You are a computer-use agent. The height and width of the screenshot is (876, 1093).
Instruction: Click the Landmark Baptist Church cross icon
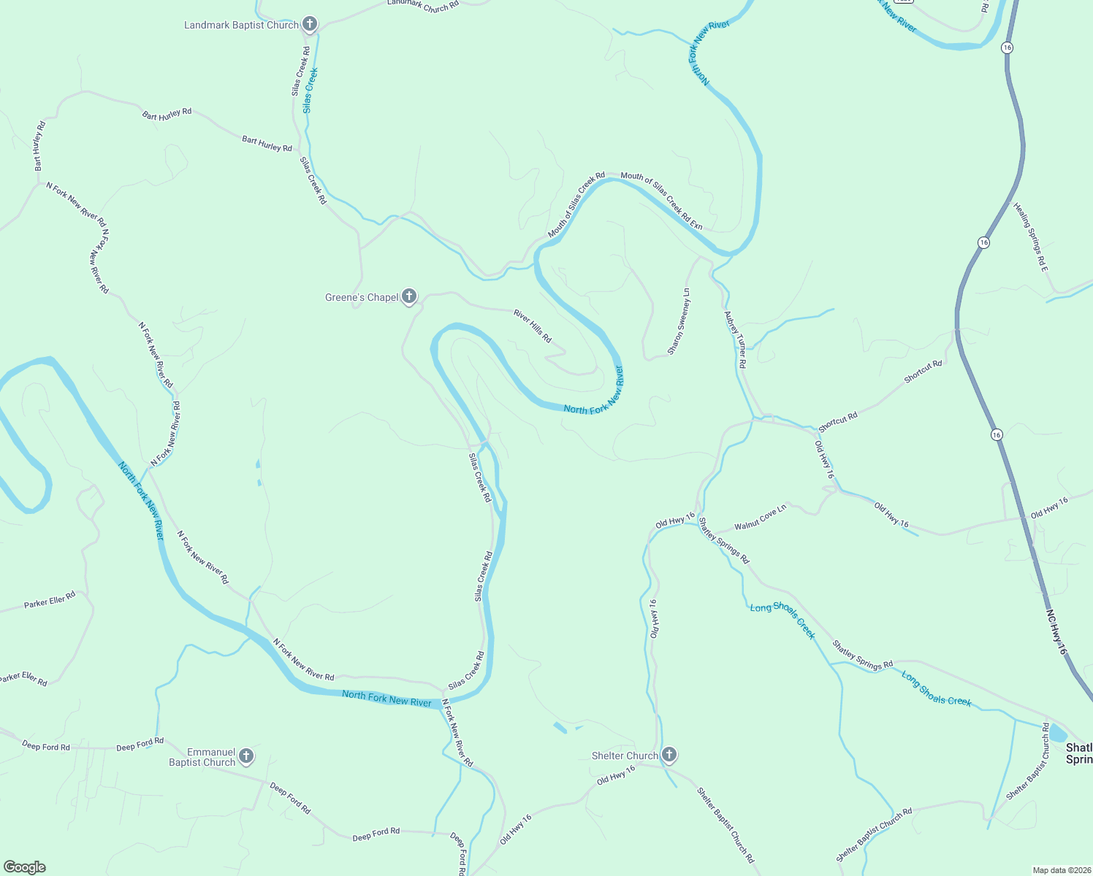point(310,25)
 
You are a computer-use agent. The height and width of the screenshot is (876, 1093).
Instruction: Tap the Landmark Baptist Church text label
point(241,26)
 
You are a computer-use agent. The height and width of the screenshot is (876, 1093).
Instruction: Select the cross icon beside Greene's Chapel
point(409,296)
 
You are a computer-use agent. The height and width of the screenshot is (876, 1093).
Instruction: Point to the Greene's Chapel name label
point(362,297)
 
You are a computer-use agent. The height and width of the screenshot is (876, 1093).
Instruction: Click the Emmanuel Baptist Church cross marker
point(246,756)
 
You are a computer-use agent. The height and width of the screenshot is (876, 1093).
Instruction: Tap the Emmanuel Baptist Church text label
point(202,757)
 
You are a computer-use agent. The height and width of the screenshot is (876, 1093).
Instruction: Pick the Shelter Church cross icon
point(669,755)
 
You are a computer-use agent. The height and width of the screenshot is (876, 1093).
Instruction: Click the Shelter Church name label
point(625,756)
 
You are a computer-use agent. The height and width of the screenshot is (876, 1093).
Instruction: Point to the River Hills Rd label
point(533,326)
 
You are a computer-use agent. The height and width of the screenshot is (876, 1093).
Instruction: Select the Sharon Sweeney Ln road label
point(679,322)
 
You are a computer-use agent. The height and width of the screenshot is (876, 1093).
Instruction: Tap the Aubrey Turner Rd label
point(735,339)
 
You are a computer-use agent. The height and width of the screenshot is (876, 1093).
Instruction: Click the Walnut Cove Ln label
point(761,517)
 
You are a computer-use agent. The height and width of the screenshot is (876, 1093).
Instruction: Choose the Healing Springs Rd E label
point(1031,238)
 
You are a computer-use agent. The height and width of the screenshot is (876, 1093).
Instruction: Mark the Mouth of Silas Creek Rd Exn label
point(661,201)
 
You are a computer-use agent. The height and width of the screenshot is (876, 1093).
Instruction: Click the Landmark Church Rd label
point(423,6)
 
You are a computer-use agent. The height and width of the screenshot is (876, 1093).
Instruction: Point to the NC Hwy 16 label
point(1056,632)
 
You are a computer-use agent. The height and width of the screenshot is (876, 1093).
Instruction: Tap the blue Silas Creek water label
point(311,91)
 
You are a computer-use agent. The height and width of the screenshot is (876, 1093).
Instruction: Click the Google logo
point(25,867)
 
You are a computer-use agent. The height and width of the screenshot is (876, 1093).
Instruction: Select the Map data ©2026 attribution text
point(1061,870)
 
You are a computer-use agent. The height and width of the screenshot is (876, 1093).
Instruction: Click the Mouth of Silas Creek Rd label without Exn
point(576,205)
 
